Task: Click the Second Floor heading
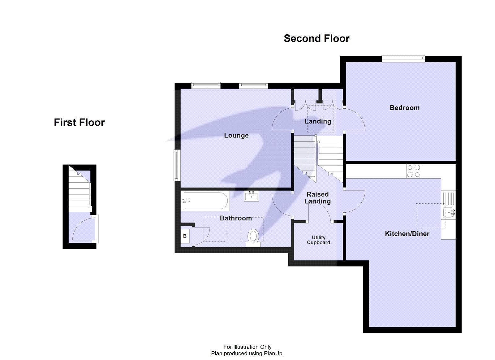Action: [316, 38]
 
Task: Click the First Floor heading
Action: [79, 122]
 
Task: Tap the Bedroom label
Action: [404, 108]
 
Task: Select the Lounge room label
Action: [236, 135]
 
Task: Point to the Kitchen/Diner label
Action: [407, 234]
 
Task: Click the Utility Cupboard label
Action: [318, 240]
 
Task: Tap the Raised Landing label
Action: [317, 198]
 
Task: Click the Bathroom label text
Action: [236, 218]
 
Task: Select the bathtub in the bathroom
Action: [205, 201]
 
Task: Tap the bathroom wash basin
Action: [251, 196]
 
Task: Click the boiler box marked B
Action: [185, 236]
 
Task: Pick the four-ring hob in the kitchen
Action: [414, 171]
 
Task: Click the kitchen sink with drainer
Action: [448, 204]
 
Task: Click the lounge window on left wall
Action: [176, 165]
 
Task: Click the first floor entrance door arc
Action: [82, 229]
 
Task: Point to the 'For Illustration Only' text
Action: [247, 347]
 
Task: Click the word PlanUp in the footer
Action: [273, 353]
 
